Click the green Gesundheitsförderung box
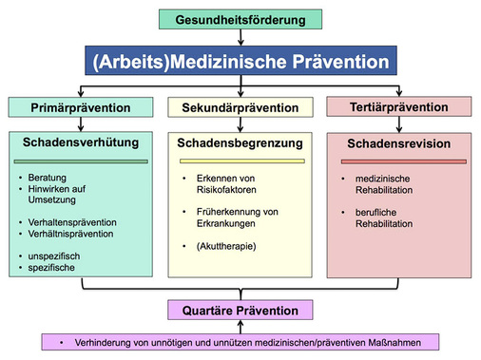pos(240,18)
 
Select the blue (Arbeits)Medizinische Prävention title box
pos(240,63)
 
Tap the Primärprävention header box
pos(80,107)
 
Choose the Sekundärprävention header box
pos(240,107)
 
